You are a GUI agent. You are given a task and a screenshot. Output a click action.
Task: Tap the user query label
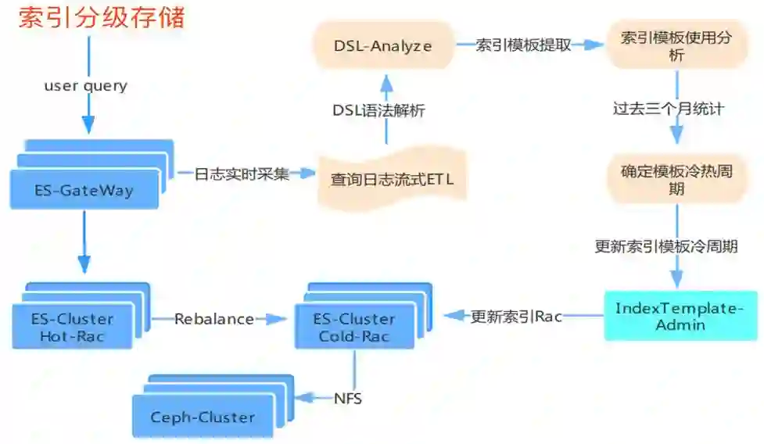[x=85, y=86]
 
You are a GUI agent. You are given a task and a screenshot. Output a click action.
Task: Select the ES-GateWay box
[x=84, y=190]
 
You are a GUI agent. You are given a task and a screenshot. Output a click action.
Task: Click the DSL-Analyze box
[x=382, y=46]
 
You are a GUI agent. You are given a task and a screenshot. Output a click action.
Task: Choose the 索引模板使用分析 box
[x=676, y=46]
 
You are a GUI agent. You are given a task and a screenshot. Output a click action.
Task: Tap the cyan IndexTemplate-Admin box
[x=680, y=316]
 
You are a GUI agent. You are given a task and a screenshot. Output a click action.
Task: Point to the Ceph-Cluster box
[x=203, y=417]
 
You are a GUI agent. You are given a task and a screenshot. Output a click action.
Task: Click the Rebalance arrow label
[x=213, y=319]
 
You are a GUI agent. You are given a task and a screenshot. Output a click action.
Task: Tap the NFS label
[x=347, y=399]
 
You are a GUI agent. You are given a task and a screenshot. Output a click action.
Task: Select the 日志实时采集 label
[x=242, y=174]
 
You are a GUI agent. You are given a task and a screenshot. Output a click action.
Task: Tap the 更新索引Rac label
[x=516, y=317]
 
